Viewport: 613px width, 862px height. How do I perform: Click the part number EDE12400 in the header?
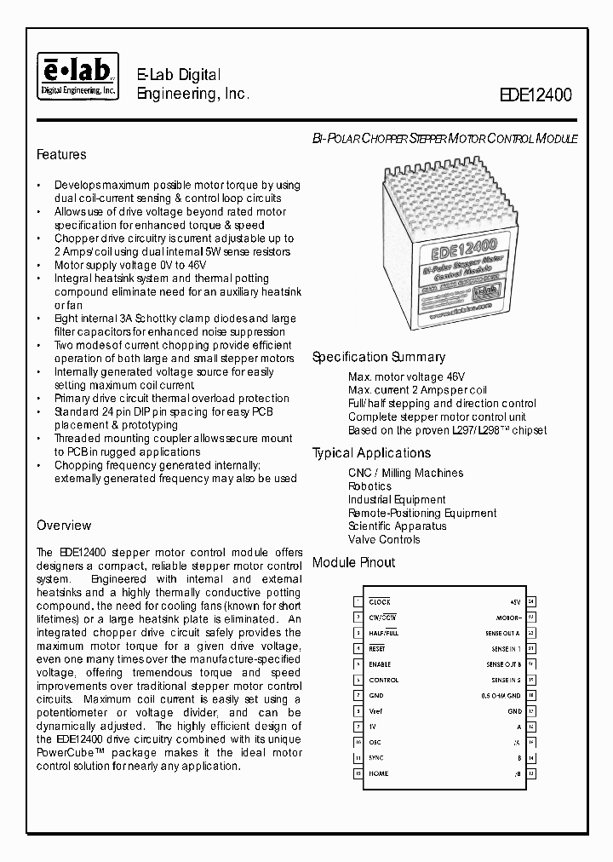click(536, 96)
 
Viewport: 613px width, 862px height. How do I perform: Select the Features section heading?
click(61, 155)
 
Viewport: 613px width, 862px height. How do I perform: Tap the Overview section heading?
click(64, 526)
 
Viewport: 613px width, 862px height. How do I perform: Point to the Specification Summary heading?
click(378, 358)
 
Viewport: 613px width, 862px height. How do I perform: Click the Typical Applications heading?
click(371, 453)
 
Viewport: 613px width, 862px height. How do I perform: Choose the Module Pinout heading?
click(353, 563)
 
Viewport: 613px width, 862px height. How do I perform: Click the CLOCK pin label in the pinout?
click(380, 601)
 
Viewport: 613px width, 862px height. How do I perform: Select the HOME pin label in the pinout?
click(379, 773)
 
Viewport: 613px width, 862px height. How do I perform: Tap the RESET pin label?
click(378, 648)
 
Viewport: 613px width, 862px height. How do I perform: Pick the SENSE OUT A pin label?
click(503, 633)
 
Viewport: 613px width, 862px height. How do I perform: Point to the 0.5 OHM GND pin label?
click(501, 695)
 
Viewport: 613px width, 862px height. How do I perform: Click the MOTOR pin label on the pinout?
click(508, 618)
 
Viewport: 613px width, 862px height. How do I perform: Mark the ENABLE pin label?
click(381, 664)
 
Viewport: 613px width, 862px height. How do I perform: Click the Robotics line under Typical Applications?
click(370, 486)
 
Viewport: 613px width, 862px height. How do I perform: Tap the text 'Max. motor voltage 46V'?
click(406, 376)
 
